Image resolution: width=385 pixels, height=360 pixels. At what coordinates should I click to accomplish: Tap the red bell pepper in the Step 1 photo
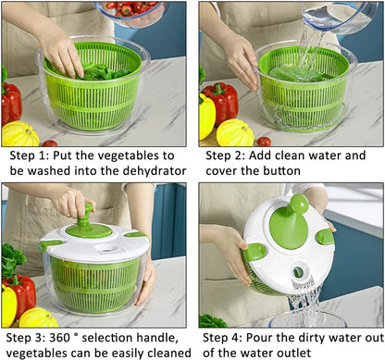[10, 104]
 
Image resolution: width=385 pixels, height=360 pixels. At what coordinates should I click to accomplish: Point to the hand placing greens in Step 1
[62, 54]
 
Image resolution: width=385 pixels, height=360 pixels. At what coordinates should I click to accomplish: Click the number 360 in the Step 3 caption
[74, 337]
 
